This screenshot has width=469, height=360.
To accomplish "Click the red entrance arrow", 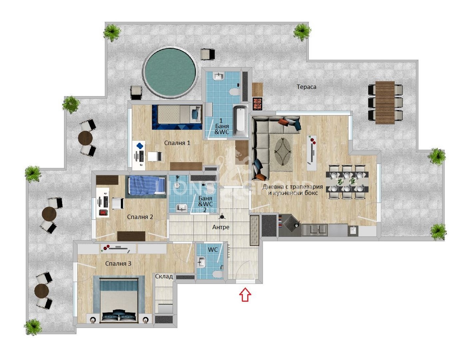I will tap(245, 295).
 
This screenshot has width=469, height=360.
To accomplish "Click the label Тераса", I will tap(306, 87).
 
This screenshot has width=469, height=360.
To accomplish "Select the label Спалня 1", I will tap(177, 143).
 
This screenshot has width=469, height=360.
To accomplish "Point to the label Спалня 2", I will tap(140, 217).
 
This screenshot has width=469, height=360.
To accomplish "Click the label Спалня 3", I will tap(118, 264).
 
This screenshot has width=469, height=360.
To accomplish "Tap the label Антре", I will tap(221, 227).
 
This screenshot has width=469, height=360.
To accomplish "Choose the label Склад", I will tap(164, 276).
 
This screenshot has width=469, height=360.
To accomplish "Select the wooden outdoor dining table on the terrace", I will tap(385, 102).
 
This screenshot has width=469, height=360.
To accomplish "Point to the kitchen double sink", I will tap(315, 230).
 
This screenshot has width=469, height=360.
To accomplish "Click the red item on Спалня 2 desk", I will tap(103, 212).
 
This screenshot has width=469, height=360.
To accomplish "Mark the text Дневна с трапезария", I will tap(292, 187).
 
